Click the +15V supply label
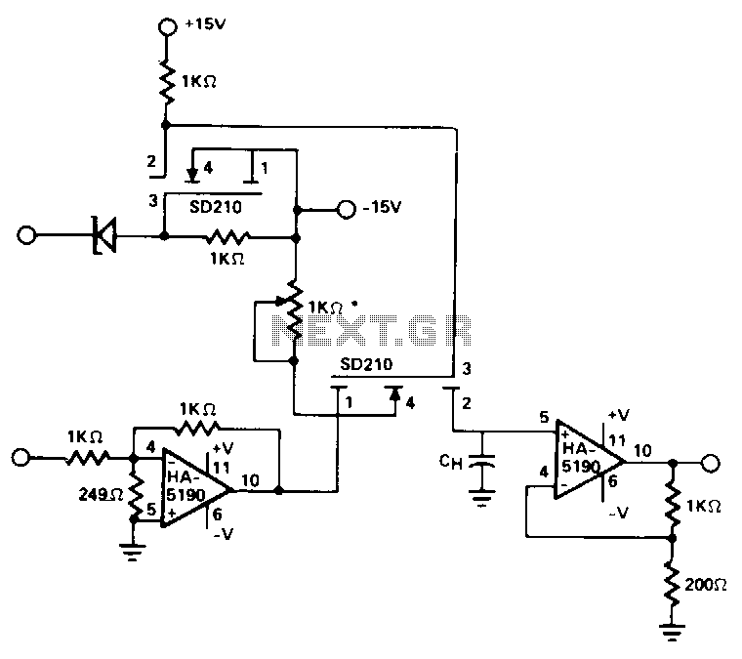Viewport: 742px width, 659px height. click(205, 23)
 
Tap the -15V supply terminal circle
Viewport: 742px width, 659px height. click(346, 209)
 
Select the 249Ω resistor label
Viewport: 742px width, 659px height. click(101, 494)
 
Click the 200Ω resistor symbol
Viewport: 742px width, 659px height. click(672, 584)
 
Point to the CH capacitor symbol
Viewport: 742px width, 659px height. click(481, 461)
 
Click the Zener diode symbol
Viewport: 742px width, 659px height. click(104, 234)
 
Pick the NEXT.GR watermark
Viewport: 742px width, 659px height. click(372, 330)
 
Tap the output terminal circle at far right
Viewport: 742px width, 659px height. click(711, 463)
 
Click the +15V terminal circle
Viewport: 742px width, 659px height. click(167, 26)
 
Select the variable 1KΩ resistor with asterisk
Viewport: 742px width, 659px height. click(294, 310)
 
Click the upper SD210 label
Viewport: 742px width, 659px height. click(216, 207)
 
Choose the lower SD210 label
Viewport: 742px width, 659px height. click(366, 364)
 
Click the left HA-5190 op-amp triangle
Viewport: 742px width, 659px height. click(196, 488)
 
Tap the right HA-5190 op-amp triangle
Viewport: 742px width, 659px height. click(590, 460)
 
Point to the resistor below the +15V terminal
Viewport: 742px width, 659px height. click(167, 81)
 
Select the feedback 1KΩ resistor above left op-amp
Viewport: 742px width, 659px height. click(196, 429)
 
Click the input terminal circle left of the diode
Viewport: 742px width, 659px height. click(26, 234)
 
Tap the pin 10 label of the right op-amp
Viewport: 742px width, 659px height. click(642, 450)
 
